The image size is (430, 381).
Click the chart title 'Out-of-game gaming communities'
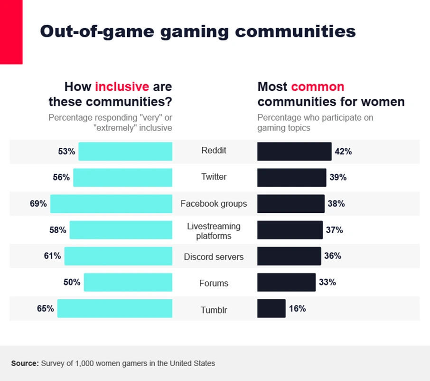coord(197,31)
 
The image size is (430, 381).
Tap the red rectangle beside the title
coord(11,32)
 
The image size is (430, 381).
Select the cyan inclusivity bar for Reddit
coord(125,152)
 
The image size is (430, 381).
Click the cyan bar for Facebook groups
coord(111,204)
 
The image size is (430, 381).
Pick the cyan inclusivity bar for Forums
coord(128,282)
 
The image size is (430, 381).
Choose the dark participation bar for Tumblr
coord(271,308)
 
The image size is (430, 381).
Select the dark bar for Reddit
coord(294,152)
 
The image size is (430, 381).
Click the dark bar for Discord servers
coord(289,256)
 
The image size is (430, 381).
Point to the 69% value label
coord(38,204)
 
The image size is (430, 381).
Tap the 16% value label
coord(297,308)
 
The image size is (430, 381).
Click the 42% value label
coord(343,152)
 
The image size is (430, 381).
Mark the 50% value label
coord(72,282)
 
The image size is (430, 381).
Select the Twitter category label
coord(214,177)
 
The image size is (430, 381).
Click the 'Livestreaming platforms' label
coord(214,231)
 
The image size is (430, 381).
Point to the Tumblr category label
coord(214,310)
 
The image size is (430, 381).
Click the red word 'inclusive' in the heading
coord(122,87)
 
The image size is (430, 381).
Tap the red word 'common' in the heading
coord(318,87)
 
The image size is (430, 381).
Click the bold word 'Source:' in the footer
coord(25,363)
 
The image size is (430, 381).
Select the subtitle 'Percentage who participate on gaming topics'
coord(315,123)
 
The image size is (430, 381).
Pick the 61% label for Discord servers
coord(52,256)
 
